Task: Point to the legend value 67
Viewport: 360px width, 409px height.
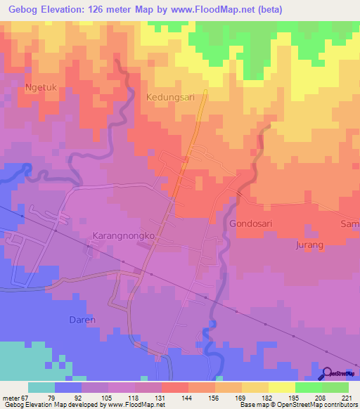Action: tap(26, 396)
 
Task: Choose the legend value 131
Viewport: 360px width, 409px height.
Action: tap(161, 396)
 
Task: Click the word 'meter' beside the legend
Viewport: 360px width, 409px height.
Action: tap(11, 396)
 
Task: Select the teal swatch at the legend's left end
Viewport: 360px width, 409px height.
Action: tap(41, 387)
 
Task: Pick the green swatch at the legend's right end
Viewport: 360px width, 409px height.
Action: tap(335, 387)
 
